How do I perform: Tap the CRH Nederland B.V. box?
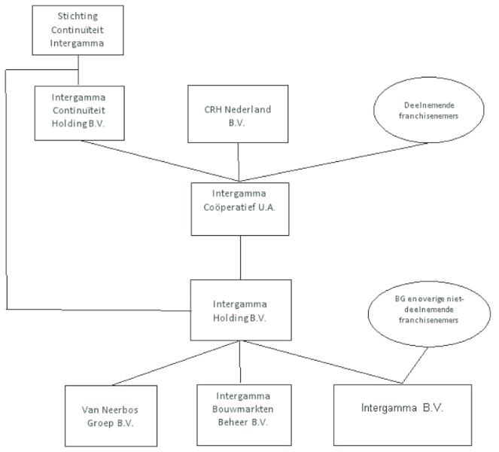239,114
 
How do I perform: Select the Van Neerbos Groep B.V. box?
111,416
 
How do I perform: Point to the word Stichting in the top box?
78,16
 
